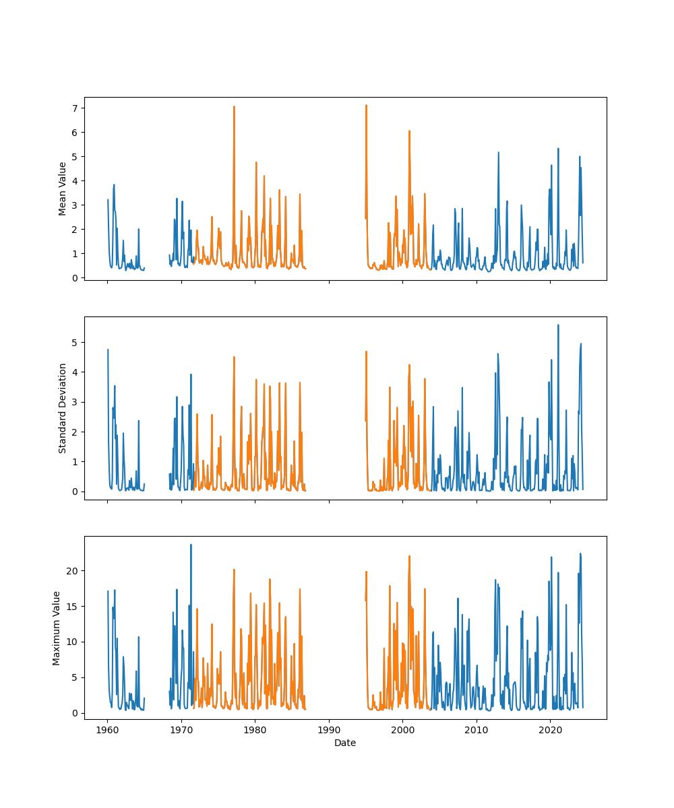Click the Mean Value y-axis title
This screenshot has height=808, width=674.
click(x=63, y=189)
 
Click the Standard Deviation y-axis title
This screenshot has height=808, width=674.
click(x=63, y=408)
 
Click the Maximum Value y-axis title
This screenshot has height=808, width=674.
click(x=57, y=628)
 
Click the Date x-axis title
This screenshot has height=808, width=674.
click(x=345, y=743)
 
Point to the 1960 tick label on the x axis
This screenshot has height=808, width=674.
click(x=107, y=730)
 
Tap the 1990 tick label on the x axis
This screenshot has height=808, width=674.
click(x=329, y=730)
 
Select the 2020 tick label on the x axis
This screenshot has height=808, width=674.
click(x=550, y=730)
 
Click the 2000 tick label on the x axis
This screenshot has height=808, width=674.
click(x=402, y=730)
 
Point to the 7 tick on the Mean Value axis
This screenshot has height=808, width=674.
click(x=74, y=108)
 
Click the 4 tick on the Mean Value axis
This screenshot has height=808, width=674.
click(x=74, y=180)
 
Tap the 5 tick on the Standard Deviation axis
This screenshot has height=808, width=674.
click(x=74, y=342)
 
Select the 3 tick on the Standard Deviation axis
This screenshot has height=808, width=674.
click(x=74, y=402)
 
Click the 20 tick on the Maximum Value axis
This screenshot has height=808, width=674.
click(x=71, y=571)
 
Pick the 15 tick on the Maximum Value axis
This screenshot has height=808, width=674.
click(x=71, y=607)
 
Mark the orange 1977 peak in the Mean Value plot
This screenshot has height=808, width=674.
click(x=234, y=106)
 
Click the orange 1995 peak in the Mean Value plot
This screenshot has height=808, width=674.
click(x=366, y=105)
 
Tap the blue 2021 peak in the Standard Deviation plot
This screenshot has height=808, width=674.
click(x=558, y=325)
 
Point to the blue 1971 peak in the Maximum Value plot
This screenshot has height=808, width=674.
click(x=191, y=545)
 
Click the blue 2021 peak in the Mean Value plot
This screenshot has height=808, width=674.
click(x=558, y=149)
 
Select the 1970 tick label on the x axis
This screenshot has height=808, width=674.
click(x=181, y=730)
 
